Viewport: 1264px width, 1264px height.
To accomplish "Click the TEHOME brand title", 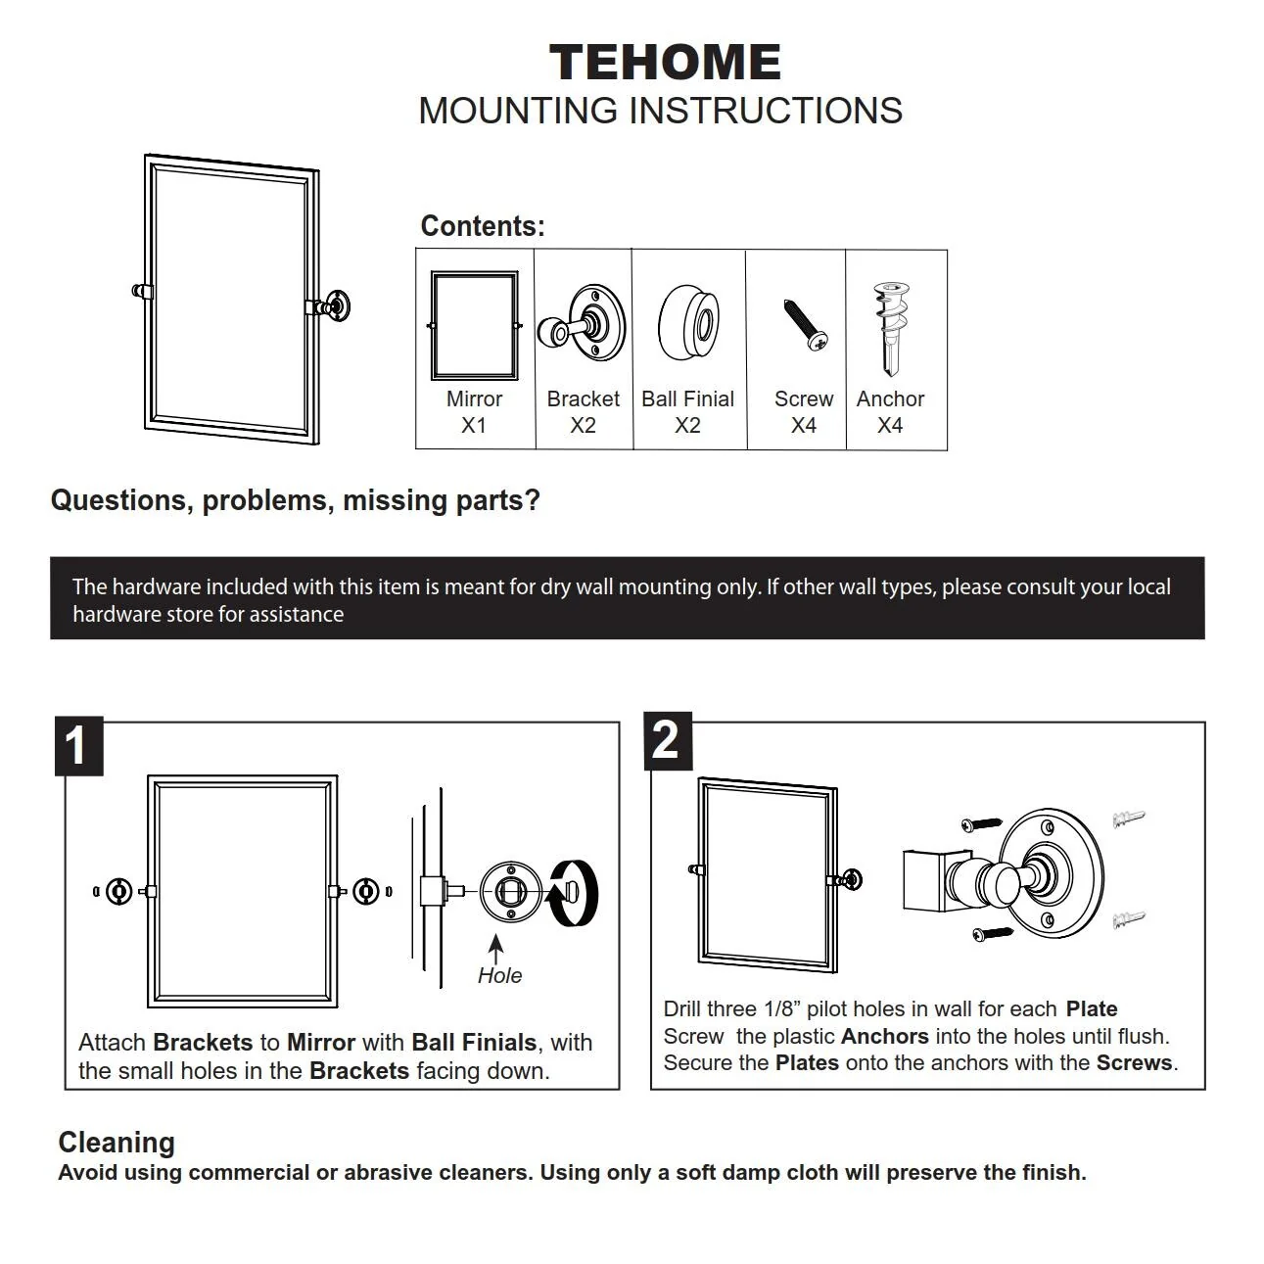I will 665,63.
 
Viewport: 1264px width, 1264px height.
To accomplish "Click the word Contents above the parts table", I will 482,226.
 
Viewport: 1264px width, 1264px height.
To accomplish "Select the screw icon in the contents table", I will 805,324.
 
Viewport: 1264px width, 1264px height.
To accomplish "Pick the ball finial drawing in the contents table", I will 688,322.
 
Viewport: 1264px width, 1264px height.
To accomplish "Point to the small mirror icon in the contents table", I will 474,325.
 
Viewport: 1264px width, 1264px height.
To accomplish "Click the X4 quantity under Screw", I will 804,426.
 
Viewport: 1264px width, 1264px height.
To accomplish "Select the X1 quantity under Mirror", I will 474,426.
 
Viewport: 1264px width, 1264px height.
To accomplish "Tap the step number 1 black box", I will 78,747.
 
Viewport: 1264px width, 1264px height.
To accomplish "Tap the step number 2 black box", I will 668,740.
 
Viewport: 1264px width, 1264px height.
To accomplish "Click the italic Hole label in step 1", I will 499,975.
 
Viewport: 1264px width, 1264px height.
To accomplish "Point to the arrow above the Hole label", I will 496,949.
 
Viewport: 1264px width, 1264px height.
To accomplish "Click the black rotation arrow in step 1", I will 573,892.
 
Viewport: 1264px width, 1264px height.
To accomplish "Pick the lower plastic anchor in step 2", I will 1129,919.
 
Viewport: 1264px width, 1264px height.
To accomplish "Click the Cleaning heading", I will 117,1143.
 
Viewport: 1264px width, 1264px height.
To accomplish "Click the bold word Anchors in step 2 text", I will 884,1036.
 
